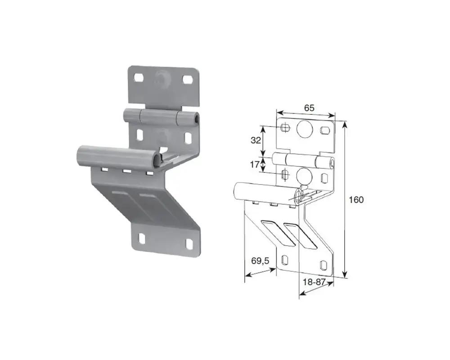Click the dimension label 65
pos(309,108)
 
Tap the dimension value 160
pos(356,199)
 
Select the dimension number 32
pos(256,140)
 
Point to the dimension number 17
pos(255,165)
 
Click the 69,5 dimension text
pos(260,261)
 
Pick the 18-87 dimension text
pos(314,282)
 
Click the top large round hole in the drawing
pos(304,128)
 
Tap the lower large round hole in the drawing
pos(304,175)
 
